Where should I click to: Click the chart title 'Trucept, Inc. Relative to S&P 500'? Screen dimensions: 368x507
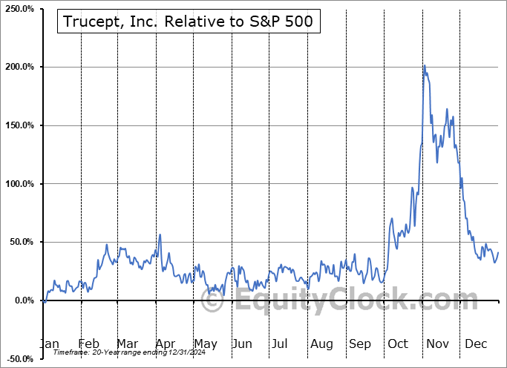click(x=189, y=23)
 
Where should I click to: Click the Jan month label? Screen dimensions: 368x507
click(x=48, y=344)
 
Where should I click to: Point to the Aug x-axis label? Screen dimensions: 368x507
click(x=321, y=344)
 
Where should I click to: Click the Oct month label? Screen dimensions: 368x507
click(x=398, y=344)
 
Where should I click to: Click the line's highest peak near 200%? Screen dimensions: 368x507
click(x=424, y=65)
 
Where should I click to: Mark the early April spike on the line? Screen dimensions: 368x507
click(x=160, y=235)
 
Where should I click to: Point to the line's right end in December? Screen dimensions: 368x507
click(x=498, y=253)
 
